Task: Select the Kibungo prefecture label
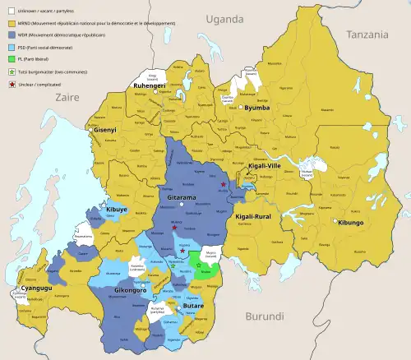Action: pos(349,223)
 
